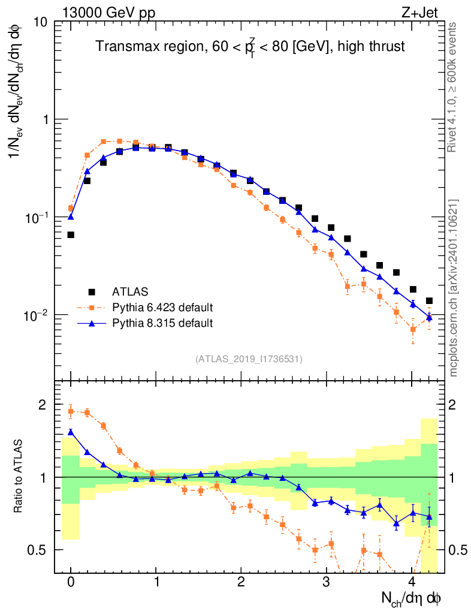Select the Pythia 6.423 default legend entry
coord(162,308)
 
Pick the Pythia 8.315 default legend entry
coord(162,323)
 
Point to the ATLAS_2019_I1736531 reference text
coord(248,359)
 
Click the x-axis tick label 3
coord(327,582)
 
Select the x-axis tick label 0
coord(71,582)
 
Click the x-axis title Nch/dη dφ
coord(413,598)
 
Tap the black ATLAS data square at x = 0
coord(71,234)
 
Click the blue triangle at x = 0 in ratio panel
coord(71,432)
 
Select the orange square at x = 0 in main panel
coord(71,208)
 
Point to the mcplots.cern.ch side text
coord(454,288)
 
